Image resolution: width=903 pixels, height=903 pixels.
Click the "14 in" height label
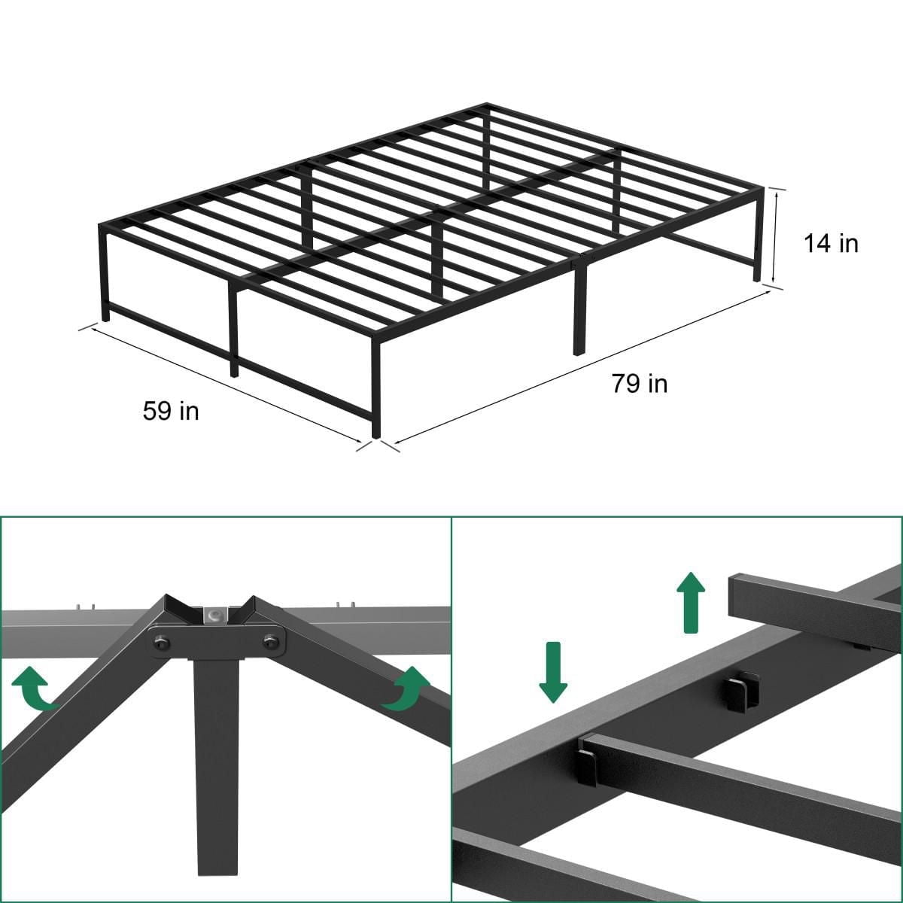pos(831,243)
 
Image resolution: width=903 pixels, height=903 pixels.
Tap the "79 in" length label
pos(639,384)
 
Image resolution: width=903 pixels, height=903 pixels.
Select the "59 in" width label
pos(171,411)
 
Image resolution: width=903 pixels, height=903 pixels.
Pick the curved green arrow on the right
pos(406,689)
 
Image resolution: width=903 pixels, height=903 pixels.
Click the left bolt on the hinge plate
pos(162,642)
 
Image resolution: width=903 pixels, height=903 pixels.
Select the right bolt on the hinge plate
pos(270,641)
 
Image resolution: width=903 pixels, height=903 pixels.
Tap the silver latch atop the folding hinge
pos(217,614)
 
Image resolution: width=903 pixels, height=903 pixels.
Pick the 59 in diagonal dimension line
pos(226,385)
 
